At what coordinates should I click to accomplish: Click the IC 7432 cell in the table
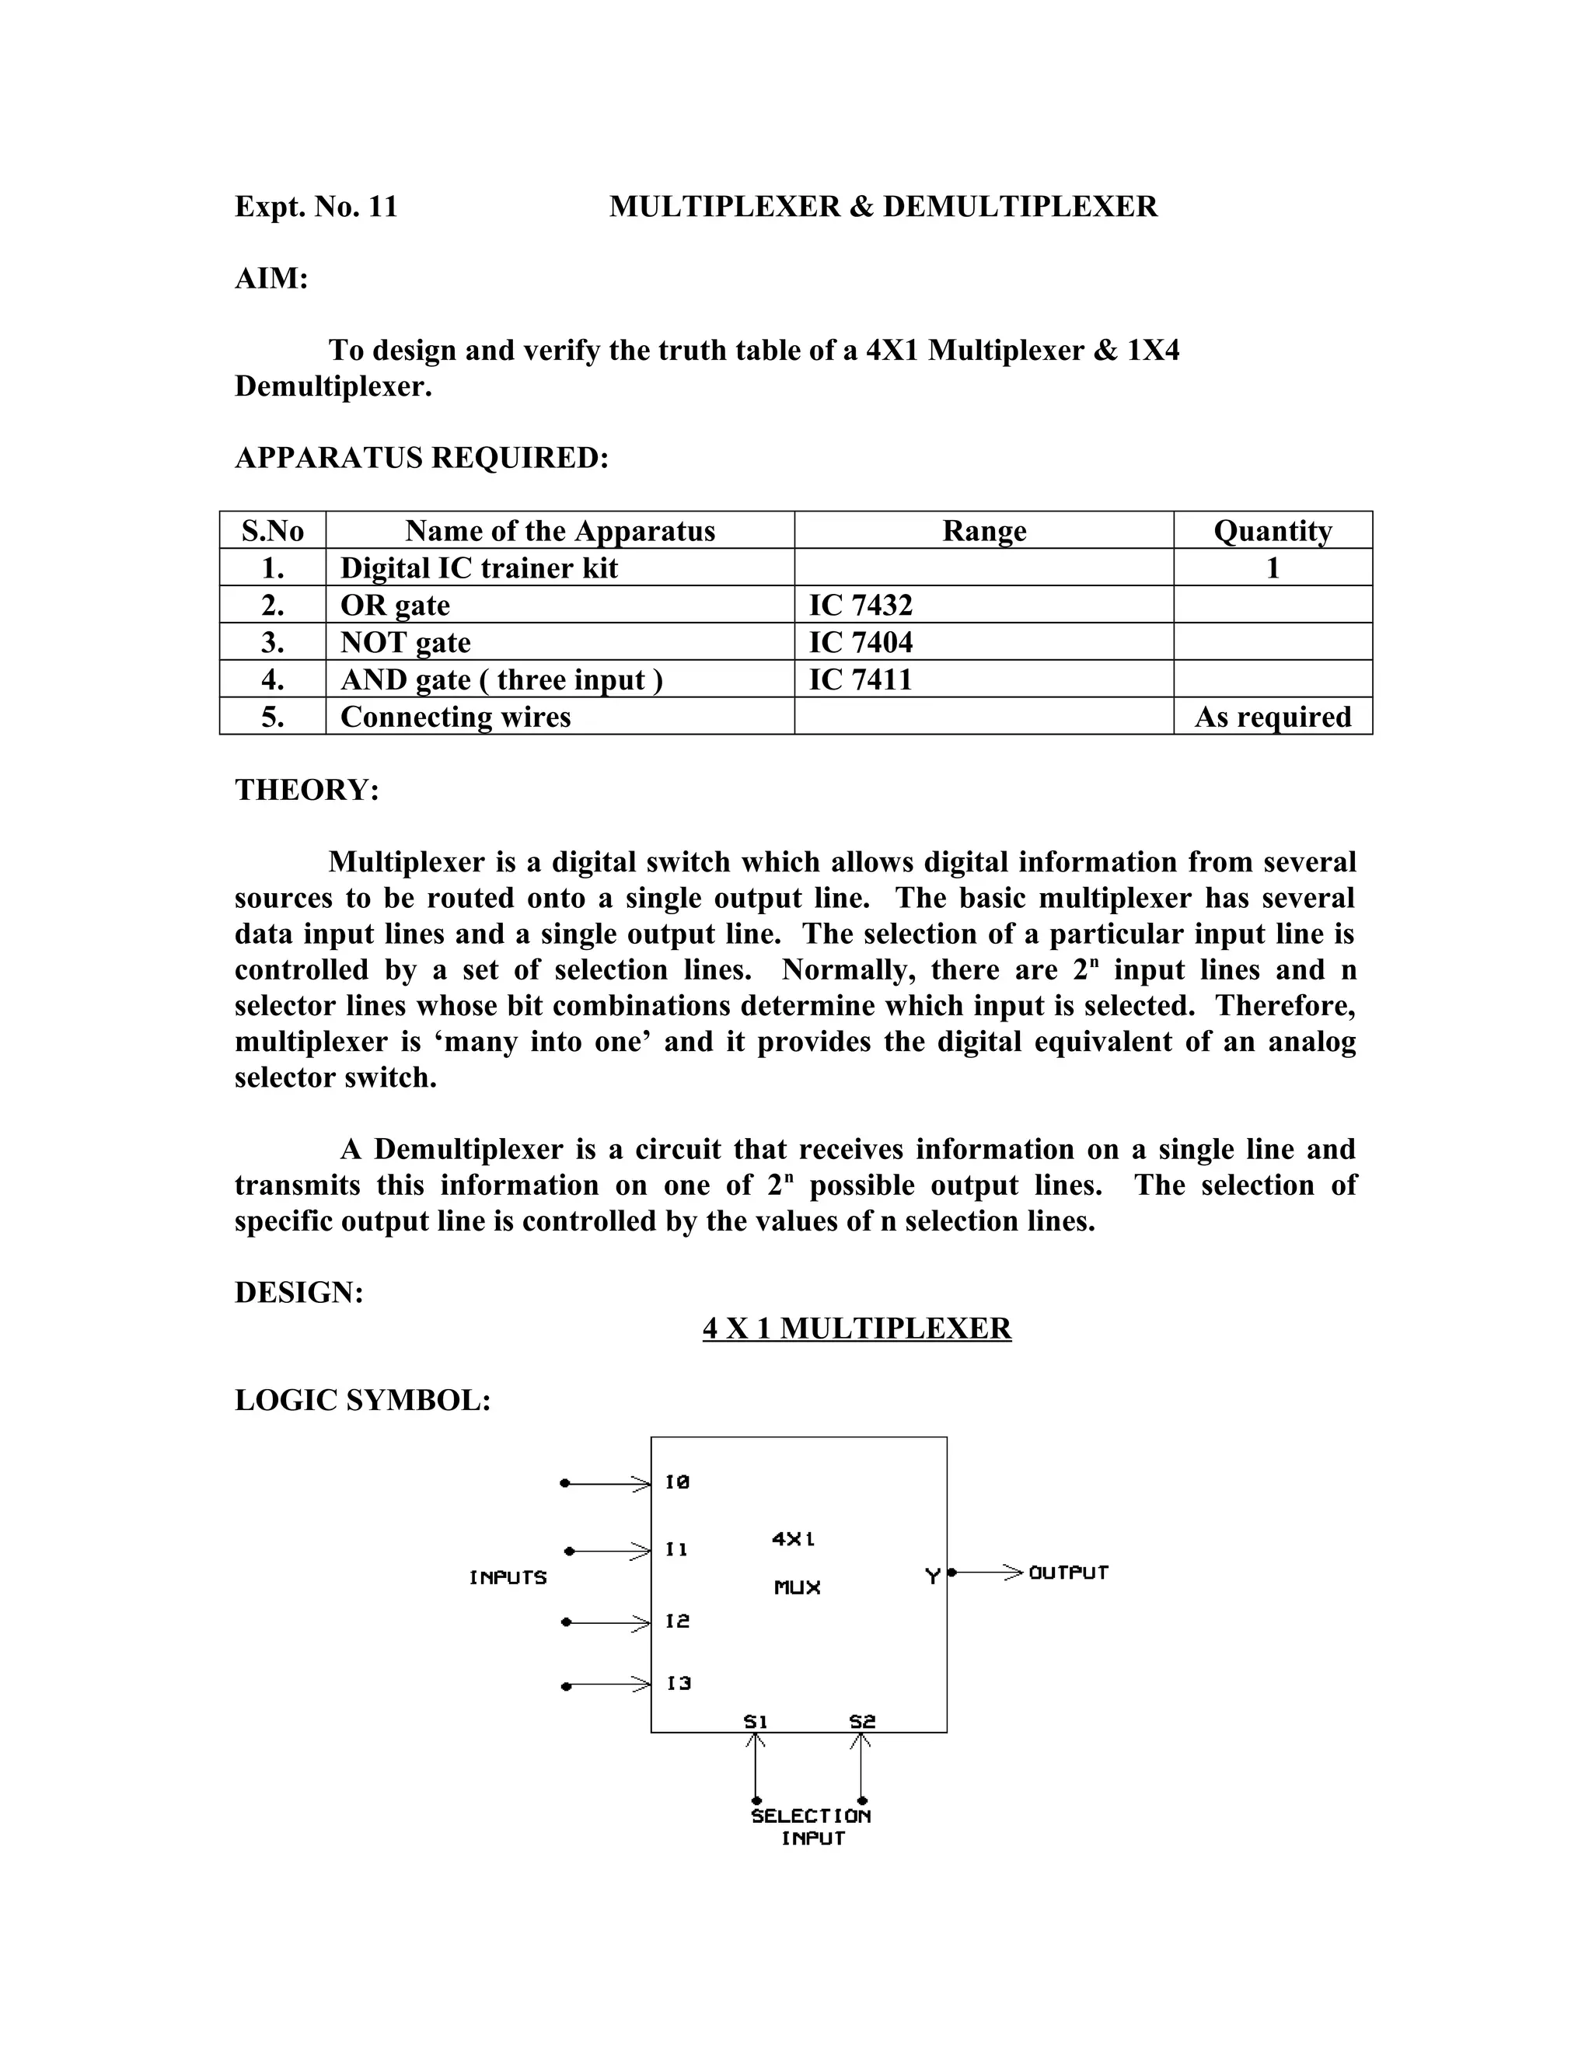pyautogui.click(x=861, y=605)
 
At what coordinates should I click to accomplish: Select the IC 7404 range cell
pyautogui.click(x=861, y=642)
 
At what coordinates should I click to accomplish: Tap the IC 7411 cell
pyautogui.click(x=861, y=679)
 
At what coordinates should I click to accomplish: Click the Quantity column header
pyautogui.click(x=1273, y=531)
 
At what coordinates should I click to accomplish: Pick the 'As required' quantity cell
pyautogui.click(x=1273, y=717)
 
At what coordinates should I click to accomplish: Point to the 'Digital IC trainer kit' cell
pyautogui.click(x=479, y=567)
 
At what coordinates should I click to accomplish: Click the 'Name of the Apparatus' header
pyautogui.click(x=560, y=531)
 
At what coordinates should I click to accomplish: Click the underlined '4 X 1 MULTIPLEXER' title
pyautogui.click(x=857, y=1328)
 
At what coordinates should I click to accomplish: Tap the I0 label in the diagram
pyautogui.click(x=677, y=1482)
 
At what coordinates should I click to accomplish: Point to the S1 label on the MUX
pyautogui.click(x=756, y=1721)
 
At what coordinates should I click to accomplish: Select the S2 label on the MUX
pyautogui.click(x=862, y=1721)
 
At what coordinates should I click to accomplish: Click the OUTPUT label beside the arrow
pyautogui.click(x=1069, y=1573)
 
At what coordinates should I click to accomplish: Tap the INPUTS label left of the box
pyautogui.click(x=508, y=1577)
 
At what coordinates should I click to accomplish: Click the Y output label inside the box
pyautogui.click(x=932, y=1576)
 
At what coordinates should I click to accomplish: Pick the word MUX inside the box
pyautogui.click(x=798, y=1587)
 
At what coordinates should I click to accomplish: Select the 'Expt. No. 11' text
pyautogui.click(x=316, y=207)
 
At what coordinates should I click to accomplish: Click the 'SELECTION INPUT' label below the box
pyautogui.click(x=811, y=1827)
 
